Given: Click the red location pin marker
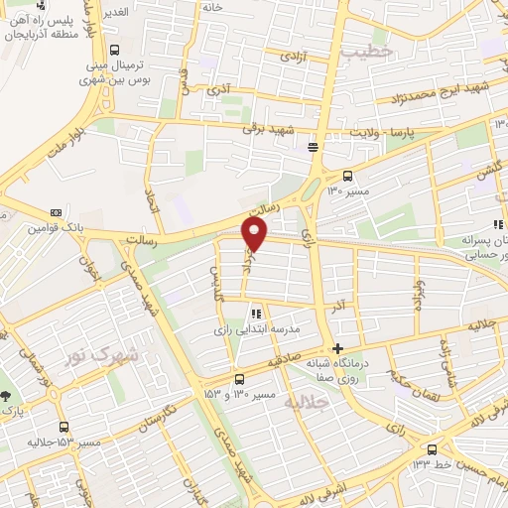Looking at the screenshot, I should coord(255,233).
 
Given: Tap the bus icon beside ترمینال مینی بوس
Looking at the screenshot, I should coord(115,50).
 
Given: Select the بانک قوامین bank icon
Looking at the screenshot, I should coord(56,211).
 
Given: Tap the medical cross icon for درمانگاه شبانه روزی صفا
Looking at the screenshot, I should coord(339,348).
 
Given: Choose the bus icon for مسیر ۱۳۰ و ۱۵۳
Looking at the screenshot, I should coord(239,378).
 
